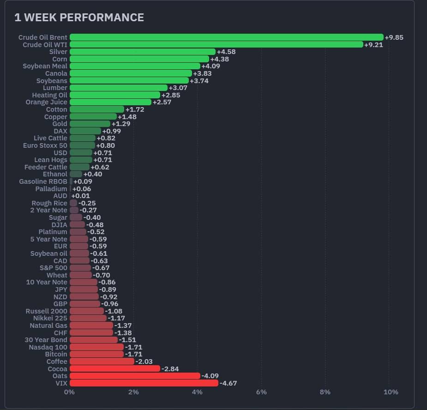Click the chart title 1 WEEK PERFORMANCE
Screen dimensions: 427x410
point(79,18)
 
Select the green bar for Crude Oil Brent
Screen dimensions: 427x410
point(227,37)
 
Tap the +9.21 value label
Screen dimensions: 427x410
point(373,45)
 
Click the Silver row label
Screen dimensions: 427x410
point(58,52)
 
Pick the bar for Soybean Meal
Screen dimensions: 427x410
point(135,66)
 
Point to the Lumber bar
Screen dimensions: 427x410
point(119,88)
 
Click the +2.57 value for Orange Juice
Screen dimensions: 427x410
point(162,102)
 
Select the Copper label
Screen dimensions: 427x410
point(55,117)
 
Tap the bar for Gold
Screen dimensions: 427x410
point(90,124)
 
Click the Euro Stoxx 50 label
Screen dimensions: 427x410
point(45,145)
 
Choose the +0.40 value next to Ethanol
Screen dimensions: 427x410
point(93,174)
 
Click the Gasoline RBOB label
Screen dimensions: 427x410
point(43,181)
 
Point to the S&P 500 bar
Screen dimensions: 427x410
point(80,268)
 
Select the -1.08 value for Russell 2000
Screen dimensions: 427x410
point(114,311)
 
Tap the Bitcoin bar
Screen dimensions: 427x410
point(96,354)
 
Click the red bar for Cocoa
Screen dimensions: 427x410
point(115,368)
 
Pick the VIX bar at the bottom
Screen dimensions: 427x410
point(144,383)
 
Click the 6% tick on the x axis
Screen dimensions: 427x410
point(261,392)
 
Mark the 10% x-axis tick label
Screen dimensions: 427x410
point(391,392)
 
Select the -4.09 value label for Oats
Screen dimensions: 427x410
point(210,376)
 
